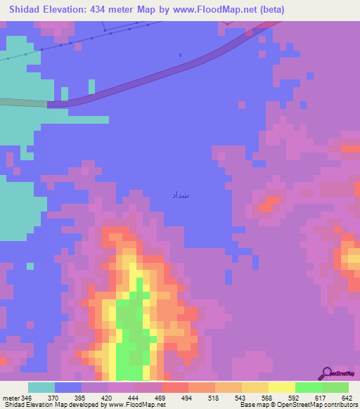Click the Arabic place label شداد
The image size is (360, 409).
180,195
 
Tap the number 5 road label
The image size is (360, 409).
180,55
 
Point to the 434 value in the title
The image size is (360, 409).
105,10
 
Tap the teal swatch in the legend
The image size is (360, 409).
41,387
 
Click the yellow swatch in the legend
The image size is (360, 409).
281,387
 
